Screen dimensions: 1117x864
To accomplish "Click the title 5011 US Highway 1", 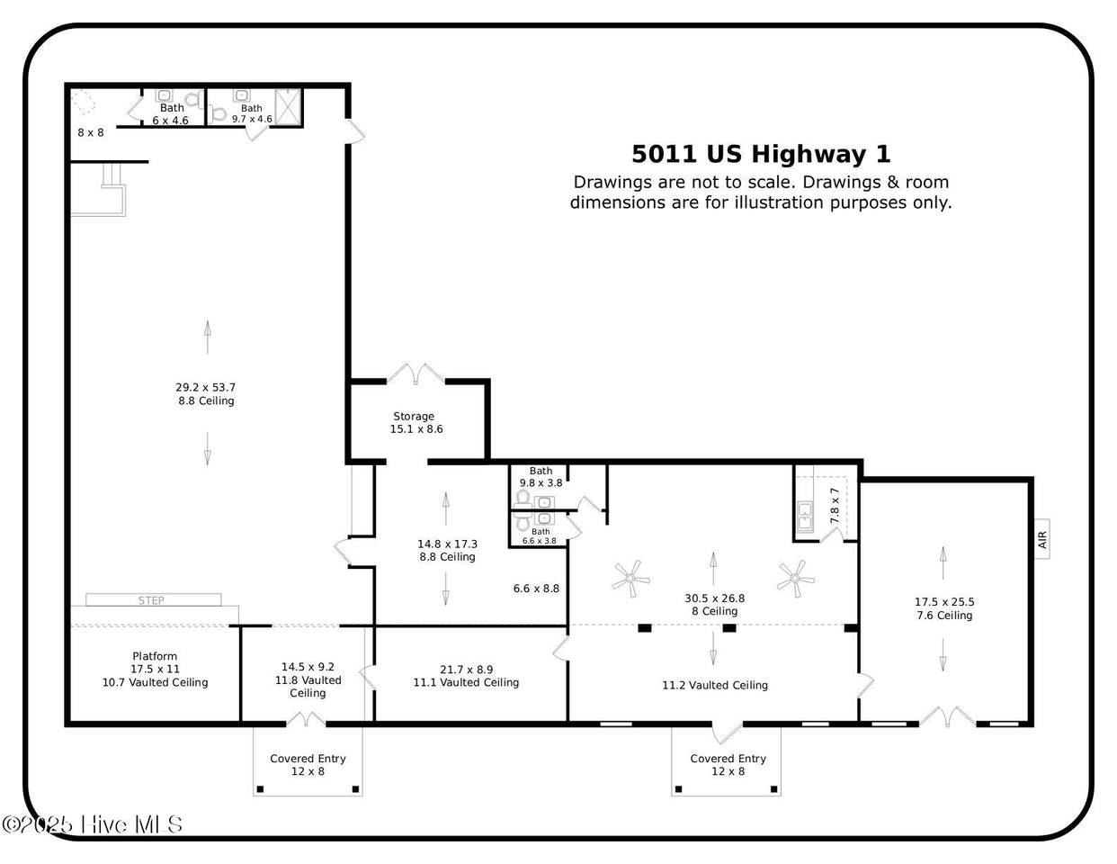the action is [x=761, y=154].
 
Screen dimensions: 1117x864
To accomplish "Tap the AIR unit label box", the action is [x=1042, y=539].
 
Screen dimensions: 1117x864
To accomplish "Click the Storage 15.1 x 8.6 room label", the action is [x=416, y=423].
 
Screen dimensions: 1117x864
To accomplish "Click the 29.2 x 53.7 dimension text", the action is [x=206, y=387].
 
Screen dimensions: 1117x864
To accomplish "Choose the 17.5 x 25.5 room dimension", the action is [x=944, y=602].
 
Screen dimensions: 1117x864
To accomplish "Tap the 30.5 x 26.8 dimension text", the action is [x=714, y=598].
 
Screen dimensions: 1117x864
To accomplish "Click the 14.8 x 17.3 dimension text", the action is [x=447, y=544].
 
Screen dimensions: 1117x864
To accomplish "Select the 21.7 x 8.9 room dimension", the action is [x=466, y=670].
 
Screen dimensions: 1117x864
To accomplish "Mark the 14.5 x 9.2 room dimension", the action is [x=308, y=667].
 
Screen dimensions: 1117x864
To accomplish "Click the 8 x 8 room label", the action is [x=91, y=132].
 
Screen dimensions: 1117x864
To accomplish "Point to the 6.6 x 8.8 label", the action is [x=536, y=589].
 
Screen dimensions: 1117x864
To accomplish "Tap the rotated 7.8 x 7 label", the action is [x=835, y=506].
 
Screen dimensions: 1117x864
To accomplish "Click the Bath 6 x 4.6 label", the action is [x=171, y=114].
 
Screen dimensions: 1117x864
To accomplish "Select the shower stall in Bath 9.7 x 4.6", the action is [x=288, y=107].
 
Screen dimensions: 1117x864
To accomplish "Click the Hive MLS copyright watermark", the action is [x=92, y=824].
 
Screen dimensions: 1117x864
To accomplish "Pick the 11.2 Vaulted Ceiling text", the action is [x=714, y=685].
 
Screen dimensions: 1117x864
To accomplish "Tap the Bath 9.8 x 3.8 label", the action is [x=541, y=477].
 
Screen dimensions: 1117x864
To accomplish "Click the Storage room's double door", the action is [x=416, y=373].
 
